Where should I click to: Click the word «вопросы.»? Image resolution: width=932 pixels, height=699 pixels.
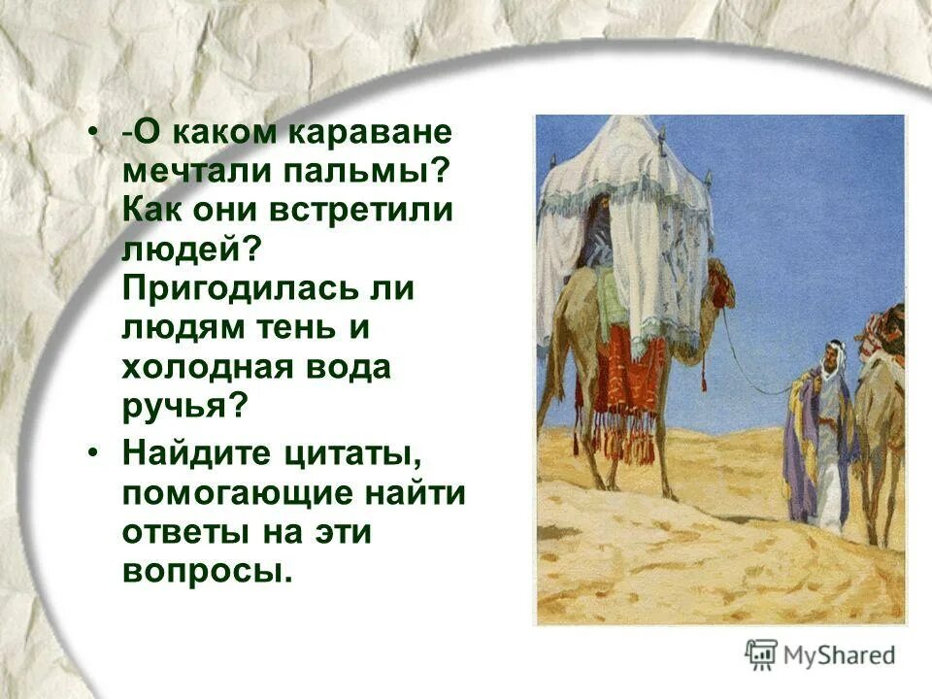(207, 572)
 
